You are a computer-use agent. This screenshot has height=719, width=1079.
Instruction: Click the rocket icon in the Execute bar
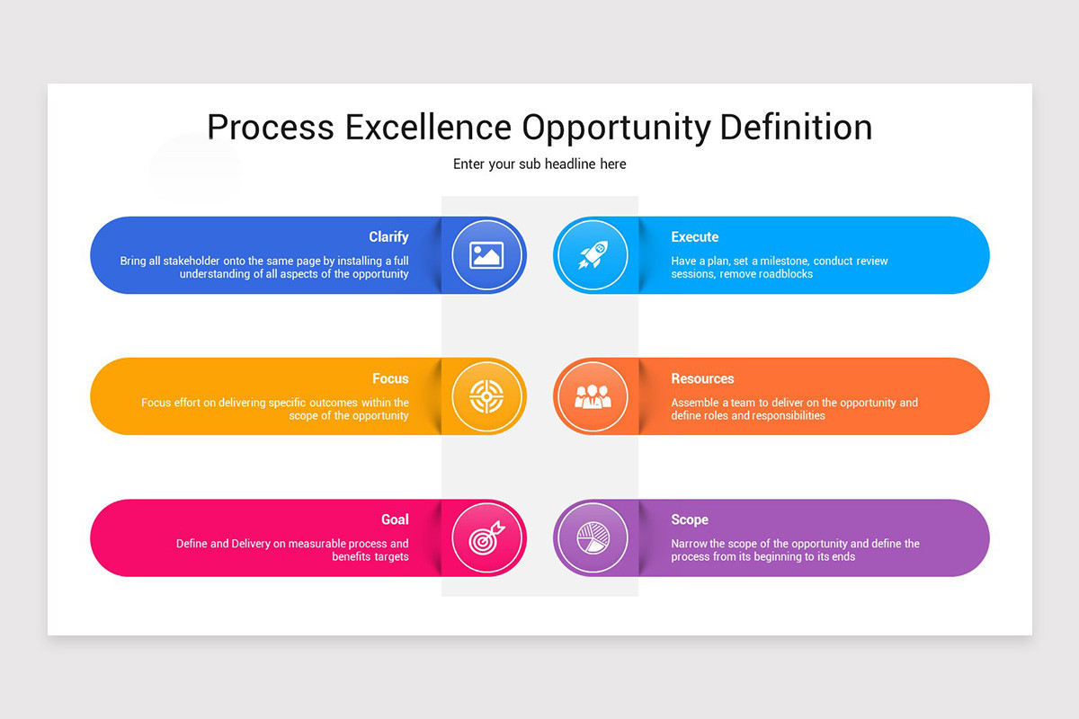[x=592, y=255]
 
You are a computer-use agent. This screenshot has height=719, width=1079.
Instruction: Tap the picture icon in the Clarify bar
[x=486, y=255]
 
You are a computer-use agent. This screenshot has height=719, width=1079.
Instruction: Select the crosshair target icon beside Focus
[x=486, y=396]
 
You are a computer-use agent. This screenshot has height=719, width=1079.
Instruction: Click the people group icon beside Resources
[x=592, y=396]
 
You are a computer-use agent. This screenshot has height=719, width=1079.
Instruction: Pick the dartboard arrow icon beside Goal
[x=486, y=538]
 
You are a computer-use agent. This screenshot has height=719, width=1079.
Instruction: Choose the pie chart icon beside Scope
[x=592, y=538]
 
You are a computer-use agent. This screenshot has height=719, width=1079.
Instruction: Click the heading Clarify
[x=388, y=237]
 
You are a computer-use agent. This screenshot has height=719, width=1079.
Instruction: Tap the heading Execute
[x=694, y=237]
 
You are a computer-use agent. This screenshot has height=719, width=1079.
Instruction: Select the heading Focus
[x=390, y=379]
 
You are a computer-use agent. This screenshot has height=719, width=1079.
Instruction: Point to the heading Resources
[x=702, y=379]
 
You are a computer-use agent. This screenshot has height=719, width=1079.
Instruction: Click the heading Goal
[x=395, y=519]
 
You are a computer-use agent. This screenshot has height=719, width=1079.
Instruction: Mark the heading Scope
[x=689, y=519]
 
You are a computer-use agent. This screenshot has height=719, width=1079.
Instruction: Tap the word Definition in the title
[x=796, y=128]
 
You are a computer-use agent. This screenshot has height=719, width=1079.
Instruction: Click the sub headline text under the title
[x=539, y=164]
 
